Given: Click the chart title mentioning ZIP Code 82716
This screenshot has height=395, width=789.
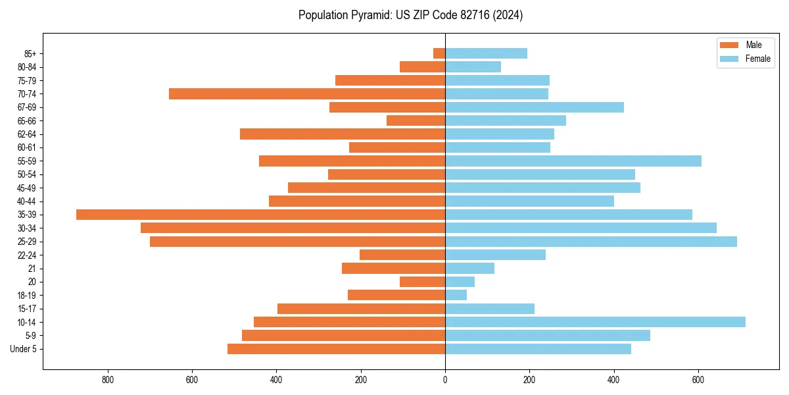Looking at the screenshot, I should point(410,15).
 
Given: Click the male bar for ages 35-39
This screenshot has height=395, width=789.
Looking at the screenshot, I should point(260,215).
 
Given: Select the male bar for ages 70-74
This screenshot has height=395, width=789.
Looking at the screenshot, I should point(307,93).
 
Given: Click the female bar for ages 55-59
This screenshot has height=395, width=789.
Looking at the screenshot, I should point(573,161).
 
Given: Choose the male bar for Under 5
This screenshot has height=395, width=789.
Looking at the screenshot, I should point(336,349).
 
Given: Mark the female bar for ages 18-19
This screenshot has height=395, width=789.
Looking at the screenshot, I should point(456,295).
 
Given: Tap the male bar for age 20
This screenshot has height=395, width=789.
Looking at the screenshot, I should point(422,282).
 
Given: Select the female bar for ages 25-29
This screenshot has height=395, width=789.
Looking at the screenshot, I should point(591,242).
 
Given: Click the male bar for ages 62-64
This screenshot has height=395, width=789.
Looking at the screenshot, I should point(343,134).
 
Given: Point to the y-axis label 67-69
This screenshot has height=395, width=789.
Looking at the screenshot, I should point(27,107).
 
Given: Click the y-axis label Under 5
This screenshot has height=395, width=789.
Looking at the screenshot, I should point(24,349).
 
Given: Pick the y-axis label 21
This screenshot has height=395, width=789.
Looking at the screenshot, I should point(32,269).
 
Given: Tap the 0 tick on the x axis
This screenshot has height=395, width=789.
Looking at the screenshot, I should point(445,380).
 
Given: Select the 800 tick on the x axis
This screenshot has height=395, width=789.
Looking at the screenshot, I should point(108,380).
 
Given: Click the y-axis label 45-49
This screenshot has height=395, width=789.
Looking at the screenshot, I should point(27,188).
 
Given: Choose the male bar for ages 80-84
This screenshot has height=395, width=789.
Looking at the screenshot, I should point(422,66).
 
